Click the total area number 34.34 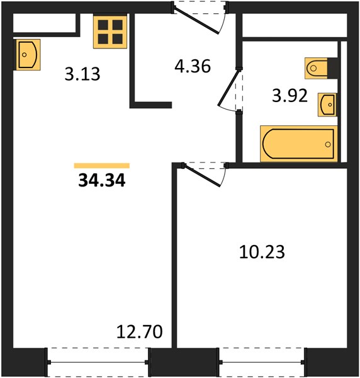[x=102, y=181]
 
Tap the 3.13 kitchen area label [x=82, y=74]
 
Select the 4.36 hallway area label [x=193, y=66]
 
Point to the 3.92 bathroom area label [x=290, y=96]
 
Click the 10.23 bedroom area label [x=262, y=252]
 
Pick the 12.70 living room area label [x=140, y=332]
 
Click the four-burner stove [x=110, y=32]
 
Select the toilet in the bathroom [x=316, y=68]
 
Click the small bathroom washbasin [x=327, y=105]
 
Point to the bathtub [x=298, y=144]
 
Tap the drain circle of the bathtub [x=328, y=144]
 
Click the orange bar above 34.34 [x=102, y=166]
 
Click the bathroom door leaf [x=229, y=88]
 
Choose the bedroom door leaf [x=202, y=176]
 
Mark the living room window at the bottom [x=98, y=362]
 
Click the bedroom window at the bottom [x=262, y=362]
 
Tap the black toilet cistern [x=332, y=68]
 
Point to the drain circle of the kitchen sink [x=24, y=55]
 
